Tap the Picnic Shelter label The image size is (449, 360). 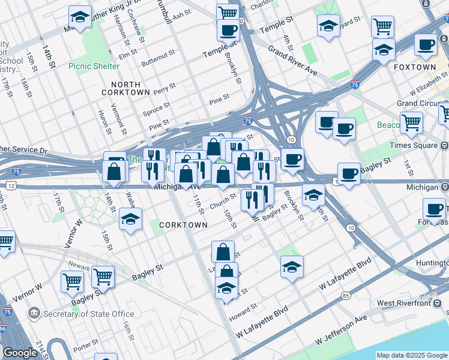(x=94, y=65)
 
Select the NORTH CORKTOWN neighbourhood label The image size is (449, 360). (x=125, y=88)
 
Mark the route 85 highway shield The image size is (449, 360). (x=345, y=296)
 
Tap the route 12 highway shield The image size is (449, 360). (x=11, y=187)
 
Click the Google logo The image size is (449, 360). (x=20, y=352)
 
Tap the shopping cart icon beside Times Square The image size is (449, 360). (x=411, y=123)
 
